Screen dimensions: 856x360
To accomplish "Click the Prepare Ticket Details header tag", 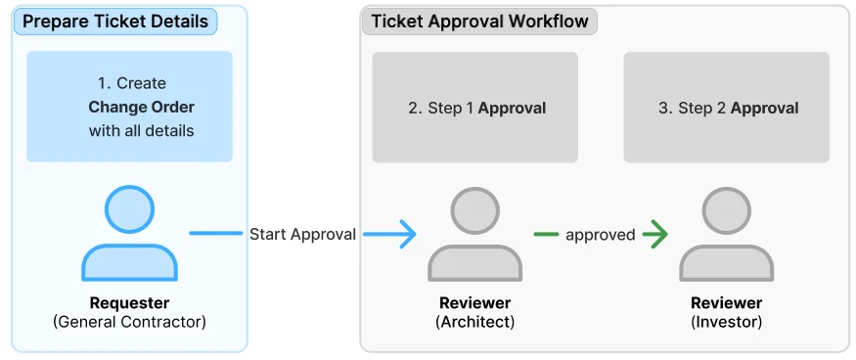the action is pos(115,22).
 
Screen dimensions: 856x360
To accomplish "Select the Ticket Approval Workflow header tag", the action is pos(479,22).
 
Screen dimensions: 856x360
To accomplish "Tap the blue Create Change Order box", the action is pos(129,107).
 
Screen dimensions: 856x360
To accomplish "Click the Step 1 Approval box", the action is pos(474,108).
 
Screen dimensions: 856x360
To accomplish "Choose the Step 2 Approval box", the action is pos(727,108).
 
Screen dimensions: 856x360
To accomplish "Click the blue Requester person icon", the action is pos(129,233).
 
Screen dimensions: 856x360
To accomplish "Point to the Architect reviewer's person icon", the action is pos(474,235).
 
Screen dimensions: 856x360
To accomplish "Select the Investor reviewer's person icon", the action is pos(727,235).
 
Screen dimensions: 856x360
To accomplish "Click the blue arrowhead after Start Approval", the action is pos(407,235).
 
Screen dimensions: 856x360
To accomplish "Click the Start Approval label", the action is pos(302,235).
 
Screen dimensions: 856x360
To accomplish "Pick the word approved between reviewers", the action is pos(600,235).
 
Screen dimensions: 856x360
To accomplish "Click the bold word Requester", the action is pos(129,302).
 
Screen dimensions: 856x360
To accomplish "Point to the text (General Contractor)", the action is pos(129,322).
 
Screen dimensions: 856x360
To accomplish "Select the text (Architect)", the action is pos(474,322).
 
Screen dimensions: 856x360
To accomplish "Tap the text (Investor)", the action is pos(727,322).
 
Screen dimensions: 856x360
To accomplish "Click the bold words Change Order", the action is pos(142,107).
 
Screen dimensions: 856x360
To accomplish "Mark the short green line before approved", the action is pos(546,235).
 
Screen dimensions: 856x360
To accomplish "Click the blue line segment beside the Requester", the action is pos(215,233).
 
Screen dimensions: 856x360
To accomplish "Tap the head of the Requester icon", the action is pos(129,209).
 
